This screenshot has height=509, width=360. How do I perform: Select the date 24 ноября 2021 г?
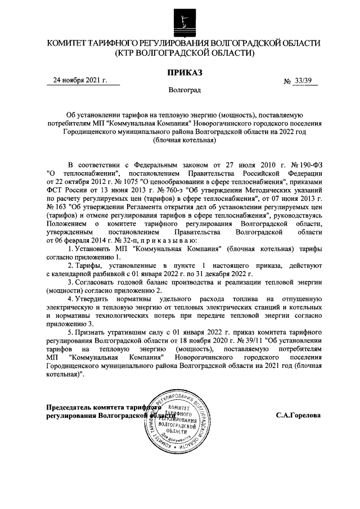tap(79, 80)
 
